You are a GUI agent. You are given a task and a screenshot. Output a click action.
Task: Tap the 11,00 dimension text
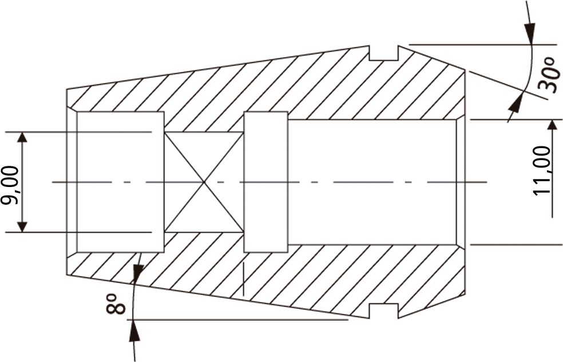coord(542,171)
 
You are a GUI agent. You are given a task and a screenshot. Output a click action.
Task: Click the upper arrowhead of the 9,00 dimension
coord(22,138)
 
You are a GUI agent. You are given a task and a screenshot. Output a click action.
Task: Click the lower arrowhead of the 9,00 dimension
coord(22,226)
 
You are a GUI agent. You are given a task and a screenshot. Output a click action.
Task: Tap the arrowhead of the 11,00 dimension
coord(552,126)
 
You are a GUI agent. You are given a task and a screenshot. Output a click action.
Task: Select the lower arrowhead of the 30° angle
coord(516,103)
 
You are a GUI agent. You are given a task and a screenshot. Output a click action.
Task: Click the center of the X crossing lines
coord(204,182)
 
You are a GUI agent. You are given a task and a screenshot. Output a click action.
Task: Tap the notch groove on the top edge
coord(384,53)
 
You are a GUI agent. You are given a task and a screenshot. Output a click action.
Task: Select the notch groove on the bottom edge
coord(384,311)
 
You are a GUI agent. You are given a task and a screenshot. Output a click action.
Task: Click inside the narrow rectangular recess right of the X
coord(265,182)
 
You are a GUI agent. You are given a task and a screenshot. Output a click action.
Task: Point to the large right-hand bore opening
coord(374,182)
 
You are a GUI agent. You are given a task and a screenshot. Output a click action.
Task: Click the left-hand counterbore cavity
coord(120,182)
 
